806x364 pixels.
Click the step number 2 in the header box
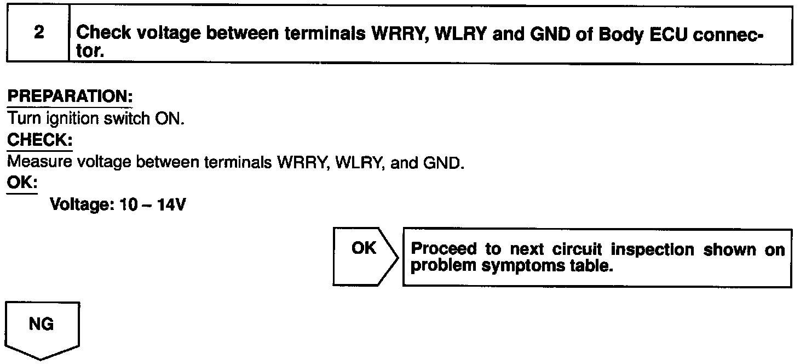click(39, 33)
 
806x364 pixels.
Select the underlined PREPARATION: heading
click(70, 96)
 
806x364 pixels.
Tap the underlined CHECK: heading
click(39, 140)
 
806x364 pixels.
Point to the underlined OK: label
click(22, 183)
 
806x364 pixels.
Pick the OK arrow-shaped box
click(364, 257)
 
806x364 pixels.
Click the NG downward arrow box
click(42, 328)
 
